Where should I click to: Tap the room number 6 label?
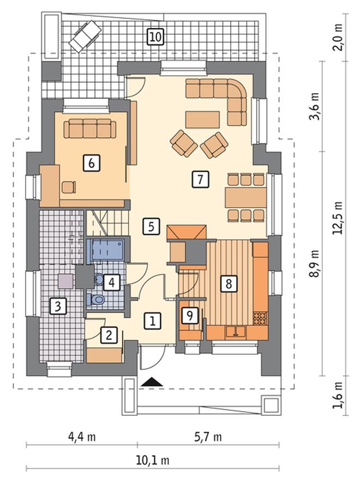click(92, 162)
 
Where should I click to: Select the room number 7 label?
click(200, 179)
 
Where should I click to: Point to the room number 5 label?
click(151, 227)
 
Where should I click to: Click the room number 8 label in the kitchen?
click(229, 283)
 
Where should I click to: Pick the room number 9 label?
click(189, 316)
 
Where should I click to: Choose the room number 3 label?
click(58, 306)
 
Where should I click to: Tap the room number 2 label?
click(109, 335)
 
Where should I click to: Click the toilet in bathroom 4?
click(97, 299)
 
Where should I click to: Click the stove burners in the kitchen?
click(260, 318)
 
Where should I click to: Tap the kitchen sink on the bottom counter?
click(236, 332)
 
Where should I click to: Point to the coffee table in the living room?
click(202, 119)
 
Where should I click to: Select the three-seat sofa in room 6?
click(90, 129)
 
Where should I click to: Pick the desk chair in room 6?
click(69, 187)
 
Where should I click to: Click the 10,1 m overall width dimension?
click(153, 461)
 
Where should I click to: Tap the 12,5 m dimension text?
click(337, 218)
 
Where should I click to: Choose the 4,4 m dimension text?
click(82, 437)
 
